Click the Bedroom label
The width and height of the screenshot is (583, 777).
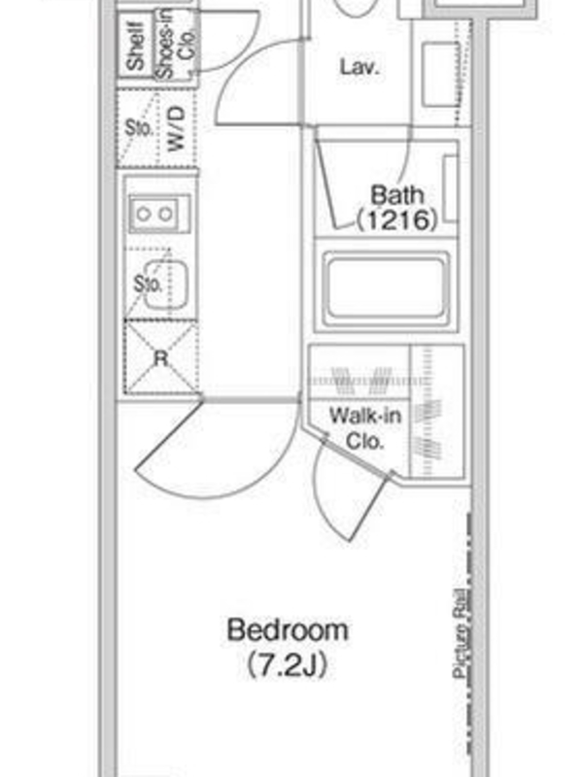(x=288, y=629)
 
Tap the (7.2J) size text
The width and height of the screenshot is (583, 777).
(x=288, y=665)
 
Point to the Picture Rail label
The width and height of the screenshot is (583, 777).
(x=461, y=633)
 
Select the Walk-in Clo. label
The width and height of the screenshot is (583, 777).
(x=365, y=427)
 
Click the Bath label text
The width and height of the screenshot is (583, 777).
(x=397, y=195)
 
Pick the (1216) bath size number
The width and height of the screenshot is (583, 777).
(x=397, y=220)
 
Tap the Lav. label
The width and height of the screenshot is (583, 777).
(x=360, y=67)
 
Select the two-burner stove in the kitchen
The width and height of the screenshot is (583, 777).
(x=159, y=214)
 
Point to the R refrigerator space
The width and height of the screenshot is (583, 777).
(x=161, y=356)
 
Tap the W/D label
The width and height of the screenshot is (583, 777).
(x=177, y=128)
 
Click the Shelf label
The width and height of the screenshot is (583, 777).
(x=135, y=45)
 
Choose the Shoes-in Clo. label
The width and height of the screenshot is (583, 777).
(x=176, y=45)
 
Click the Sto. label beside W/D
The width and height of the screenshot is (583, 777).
(x=138, y=127)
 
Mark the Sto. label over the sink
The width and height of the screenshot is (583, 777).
(x=148, y=284)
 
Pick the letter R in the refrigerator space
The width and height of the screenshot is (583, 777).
(x=161, y=357)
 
